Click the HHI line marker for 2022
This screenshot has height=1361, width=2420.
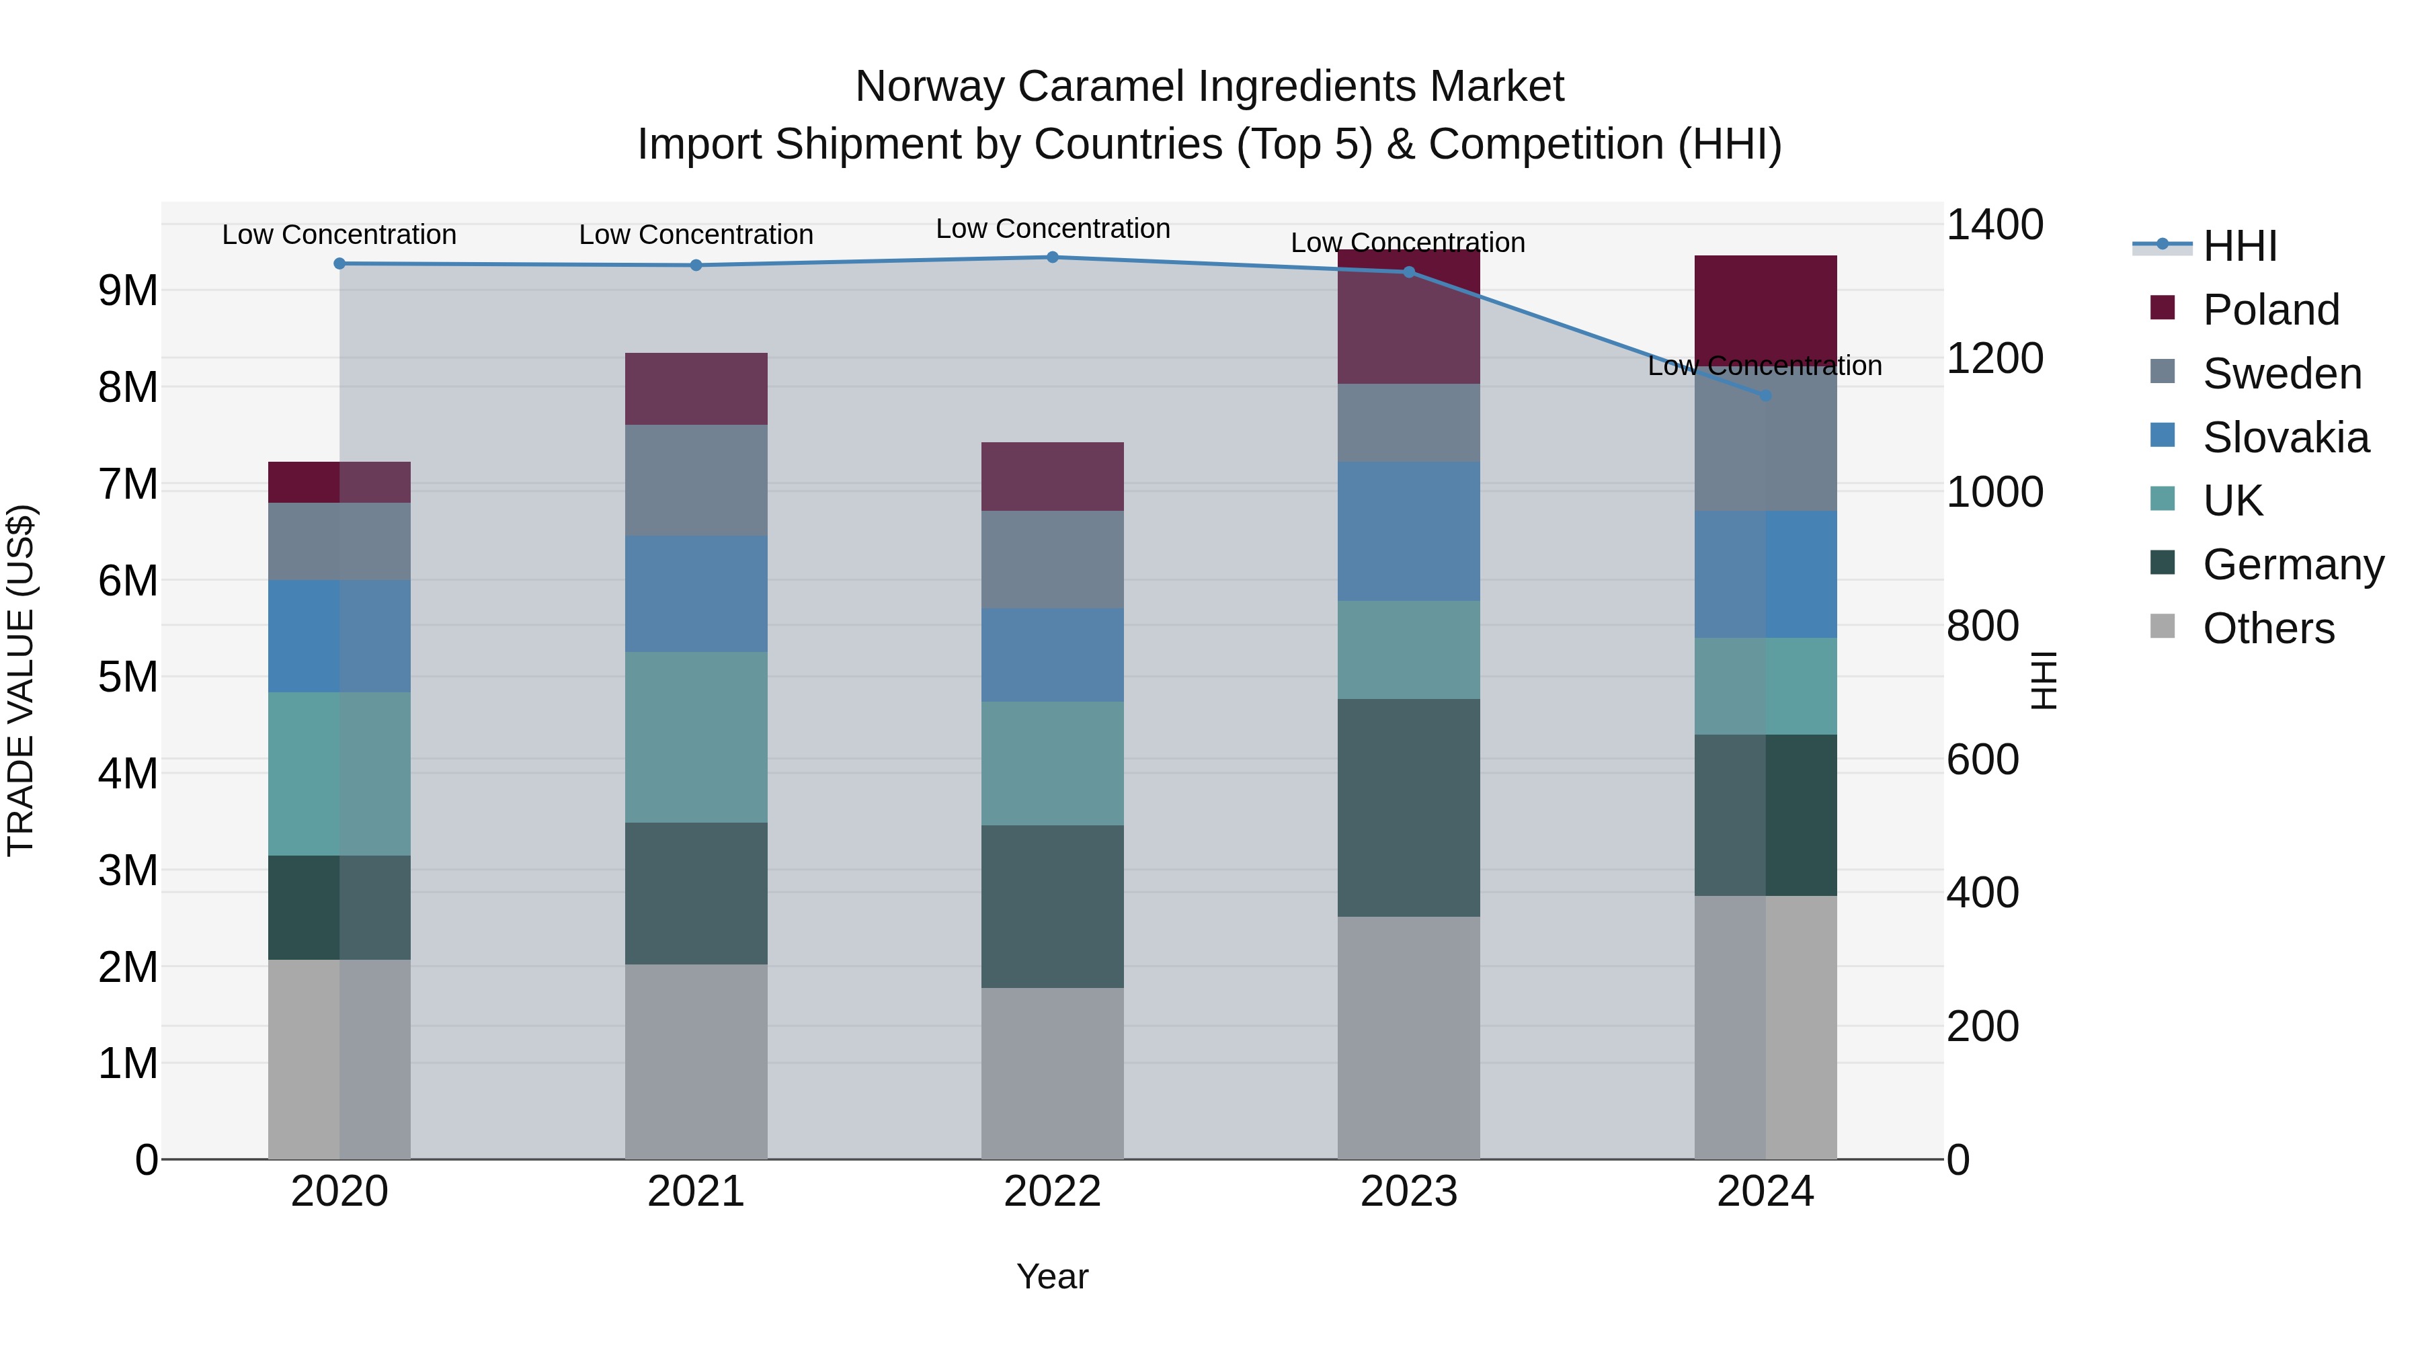tap(1052, 257)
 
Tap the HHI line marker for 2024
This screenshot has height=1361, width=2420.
tap(1765, 395)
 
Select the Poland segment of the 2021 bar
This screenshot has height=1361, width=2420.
tap(696, 389)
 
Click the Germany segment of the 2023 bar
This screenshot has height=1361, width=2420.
tap(1408, 808)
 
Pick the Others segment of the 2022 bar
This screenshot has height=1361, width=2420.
tap(1052, 1073)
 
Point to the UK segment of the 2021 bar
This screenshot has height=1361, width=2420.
tap(696, 737)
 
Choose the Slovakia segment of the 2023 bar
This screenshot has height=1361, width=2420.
tap(1408, 532)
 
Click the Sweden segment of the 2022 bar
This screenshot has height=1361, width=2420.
tap(1052, 560)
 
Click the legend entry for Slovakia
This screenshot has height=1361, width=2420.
tap(2285, 438)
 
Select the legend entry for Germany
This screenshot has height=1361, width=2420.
tap(2292, 565)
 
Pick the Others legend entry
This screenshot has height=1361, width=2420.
tap(2268, 628)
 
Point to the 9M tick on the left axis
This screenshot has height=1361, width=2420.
tap(128, 291)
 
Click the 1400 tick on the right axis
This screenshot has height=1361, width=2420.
tap(1994, 225)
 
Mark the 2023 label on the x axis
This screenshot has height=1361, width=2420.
tap(1408, 1192)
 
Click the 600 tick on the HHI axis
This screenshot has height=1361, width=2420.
tap(1982, 760)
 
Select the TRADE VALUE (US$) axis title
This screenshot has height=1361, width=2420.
tap(21, 680)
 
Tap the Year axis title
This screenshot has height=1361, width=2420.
tap(1052, 1276)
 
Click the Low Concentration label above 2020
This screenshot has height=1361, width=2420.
tap(339, 235)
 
